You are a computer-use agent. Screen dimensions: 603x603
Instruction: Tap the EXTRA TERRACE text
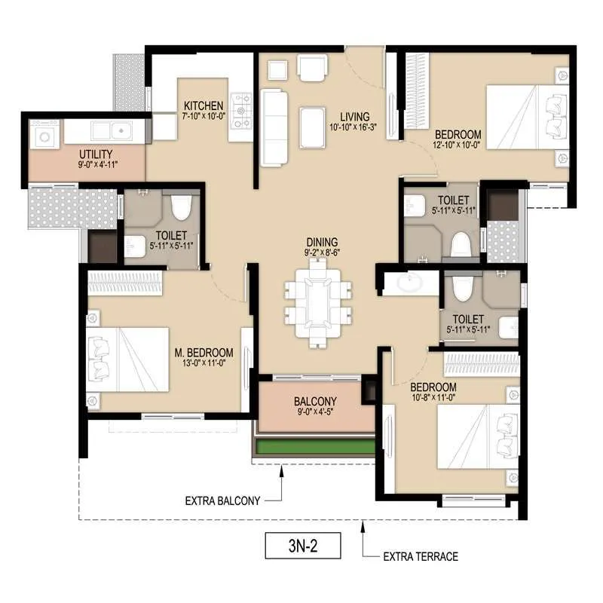pyautogui.click(x=421, y=557)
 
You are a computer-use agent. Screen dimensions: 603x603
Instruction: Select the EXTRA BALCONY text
pyautogui.click(x=222, y=500)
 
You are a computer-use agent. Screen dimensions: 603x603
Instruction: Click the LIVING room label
pyautogui.click(x=354, y=117)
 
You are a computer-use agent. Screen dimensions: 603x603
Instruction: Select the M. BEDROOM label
pyautogui.click(x=204, y=353)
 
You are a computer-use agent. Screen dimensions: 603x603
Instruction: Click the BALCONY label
pyautogui.click(x=315, y=401)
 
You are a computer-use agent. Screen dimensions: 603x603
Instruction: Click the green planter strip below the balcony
pyautogui.click(x=315, y=447)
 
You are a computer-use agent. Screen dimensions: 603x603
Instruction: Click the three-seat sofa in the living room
pyautogui.click(x=274, y=127)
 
